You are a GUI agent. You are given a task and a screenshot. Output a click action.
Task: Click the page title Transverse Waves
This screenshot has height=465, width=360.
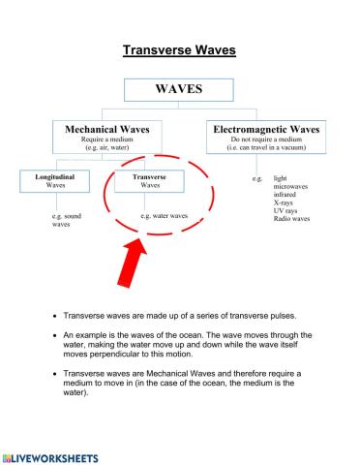coord(179,49)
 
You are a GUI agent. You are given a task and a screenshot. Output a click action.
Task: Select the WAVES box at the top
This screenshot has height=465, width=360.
coord(179,88)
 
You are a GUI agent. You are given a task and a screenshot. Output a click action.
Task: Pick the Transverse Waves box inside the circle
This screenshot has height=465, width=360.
coord(149,182)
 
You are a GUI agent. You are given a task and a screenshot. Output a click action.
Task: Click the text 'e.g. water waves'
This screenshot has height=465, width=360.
coord(164,216)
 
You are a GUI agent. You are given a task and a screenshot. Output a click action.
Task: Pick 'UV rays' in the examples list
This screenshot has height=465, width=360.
coord(287,210)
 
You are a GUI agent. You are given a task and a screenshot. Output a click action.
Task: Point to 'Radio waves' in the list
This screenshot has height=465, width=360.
coord(292,219)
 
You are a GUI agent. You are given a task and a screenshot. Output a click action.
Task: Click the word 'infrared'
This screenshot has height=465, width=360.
coord(287,195)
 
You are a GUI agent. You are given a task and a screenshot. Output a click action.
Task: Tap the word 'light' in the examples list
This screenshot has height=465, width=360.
coord(281,179)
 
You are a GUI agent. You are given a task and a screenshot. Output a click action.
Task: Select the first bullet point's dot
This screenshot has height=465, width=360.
coord(54,316)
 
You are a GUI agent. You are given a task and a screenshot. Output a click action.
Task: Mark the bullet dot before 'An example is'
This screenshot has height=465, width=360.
coord(54,333)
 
